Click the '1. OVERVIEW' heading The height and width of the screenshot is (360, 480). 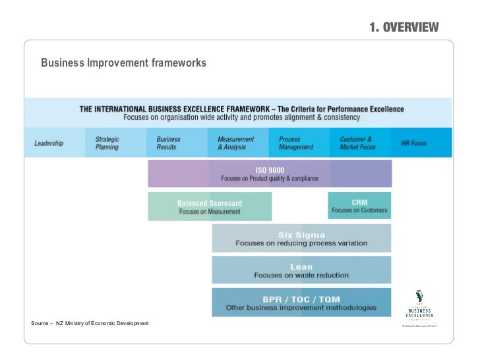[x=404, y=27]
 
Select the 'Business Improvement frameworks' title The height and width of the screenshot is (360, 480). [x=123, y=63]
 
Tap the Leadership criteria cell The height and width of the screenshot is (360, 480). [x=49, y=143]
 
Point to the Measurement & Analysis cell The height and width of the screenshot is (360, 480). [x=235, y=143]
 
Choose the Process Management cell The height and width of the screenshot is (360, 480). [x=296, y=143]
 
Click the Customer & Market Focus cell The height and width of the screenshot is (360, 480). [x=357, y=143]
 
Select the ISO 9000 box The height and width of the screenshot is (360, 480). [x=270, y=174]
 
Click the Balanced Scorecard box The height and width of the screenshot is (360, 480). [x=210, y=207]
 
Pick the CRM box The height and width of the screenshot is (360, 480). [x=359, y=206]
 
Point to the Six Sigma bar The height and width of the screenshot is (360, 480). [x=301, y=239]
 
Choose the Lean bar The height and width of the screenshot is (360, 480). [x=301, y=270]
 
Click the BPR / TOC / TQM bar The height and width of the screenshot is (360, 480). [x=301, y=303]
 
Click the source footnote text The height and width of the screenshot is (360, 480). [x=90, y=323]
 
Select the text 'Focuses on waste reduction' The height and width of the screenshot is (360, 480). [x=301, y=275]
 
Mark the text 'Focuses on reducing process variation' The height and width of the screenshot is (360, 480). [x=301, y=243]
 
